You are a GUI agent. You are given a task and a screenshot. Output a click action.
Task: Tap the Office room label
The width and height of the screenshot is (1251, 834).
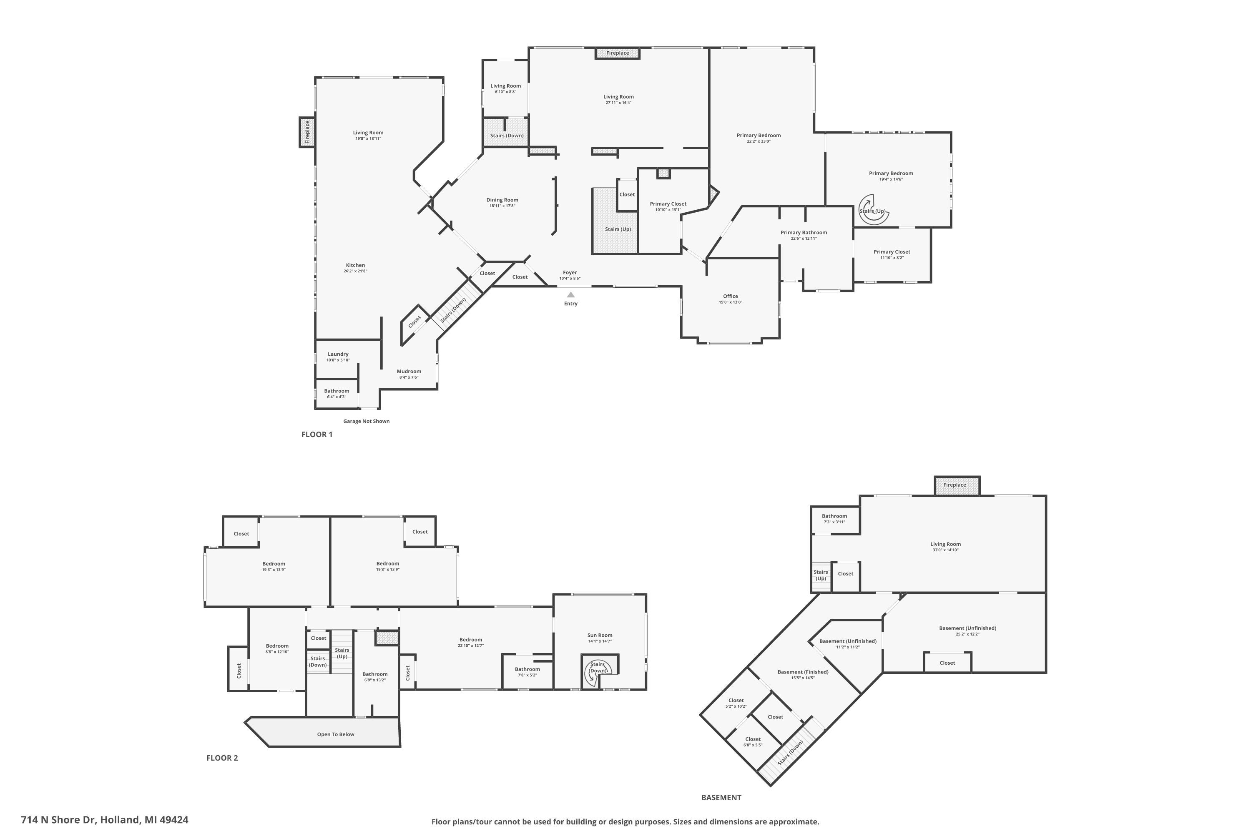730,296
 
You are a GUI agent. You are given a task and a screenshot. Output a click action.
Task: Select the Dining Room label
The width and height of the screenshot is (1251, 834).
502,200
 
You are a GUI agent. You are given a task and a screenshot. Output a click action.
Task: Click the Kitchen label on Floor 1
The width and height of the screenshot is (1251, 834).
355,265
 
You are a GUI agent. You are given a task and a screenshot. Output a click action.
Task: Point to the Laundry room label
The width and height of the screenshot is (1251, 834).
338,354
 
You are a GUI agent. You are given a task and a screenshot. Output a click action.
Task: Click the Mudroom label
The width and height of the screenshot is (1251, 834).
409,371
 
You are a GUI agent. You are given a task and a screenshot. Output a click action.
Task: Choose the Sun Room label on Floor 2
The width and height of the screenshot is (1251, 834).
600,635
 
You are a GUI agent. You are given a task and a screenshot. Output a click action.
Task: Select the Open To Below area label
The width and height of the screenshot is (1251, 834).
335,734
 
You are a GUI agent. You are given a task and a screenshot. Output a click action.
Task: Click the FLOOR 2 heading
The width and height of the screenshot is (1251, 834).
222,758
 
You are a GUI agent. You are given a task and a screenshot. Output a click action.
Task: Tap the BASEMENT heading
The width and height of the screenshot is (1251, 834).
721,797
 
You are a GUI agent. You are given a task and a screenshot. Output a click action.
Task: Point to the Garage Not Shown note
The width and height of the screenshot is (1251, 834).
366,421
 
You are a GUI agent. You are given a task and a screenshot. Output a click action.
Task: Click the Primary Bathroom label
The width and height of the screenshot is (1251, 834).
803,232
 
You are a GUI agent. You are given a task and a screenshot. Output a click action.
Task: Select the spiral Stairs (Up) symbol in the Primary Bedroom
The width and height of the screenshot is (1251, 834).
872,208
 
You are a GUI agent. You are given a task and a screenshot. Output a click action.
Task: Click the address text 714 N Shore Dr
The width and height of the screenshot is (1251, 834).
104,820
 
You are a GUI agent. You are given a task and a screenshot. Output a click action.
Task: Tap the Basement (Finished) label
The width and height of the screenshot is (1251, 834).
803,672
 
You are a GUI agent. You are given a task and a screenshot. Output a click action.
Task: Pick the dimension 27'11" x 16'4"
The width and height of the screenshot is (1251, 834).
618,103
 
